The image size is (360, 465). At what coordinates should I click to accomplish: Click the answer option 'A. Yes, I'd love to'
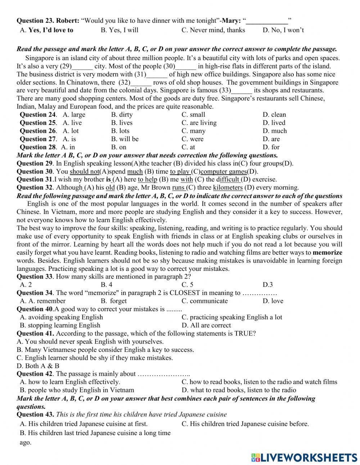(46, 30)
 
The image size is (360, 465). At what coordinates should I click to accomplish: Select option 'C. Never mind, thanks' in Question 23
(213, 30)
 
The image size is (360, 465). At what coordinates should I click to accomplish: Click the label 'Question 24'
(38, 115)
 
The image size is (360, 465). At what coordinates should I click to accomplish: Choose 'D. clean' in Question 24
(274, 115)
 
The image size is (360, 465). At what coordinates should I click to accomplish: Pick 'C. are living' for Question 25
(199, 123)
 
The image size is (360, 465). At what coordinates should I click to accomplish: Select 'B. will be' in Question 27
(125, 139)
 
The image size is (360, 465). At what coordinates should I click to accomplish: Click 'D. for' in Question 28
(271, 147)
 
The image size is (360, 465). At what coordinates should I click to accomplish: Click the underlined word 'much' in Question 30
(135, 171)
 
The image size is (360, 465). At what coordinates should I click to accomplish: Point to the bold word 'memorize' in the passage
(327, 252)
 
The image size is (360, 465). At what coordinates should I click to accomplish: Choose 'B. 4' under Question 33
(107, 285)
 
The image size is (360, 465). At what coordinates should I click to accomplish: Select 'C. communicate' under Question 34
(204, 301)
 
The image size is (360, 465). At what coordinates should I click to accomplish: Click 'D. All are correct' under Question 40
(206, 325)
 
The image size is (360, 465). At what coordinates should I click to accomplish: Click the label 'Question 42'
(35, 374)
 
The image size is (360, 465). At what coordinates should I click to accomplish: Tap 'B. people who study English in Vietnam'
(77, 390)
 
